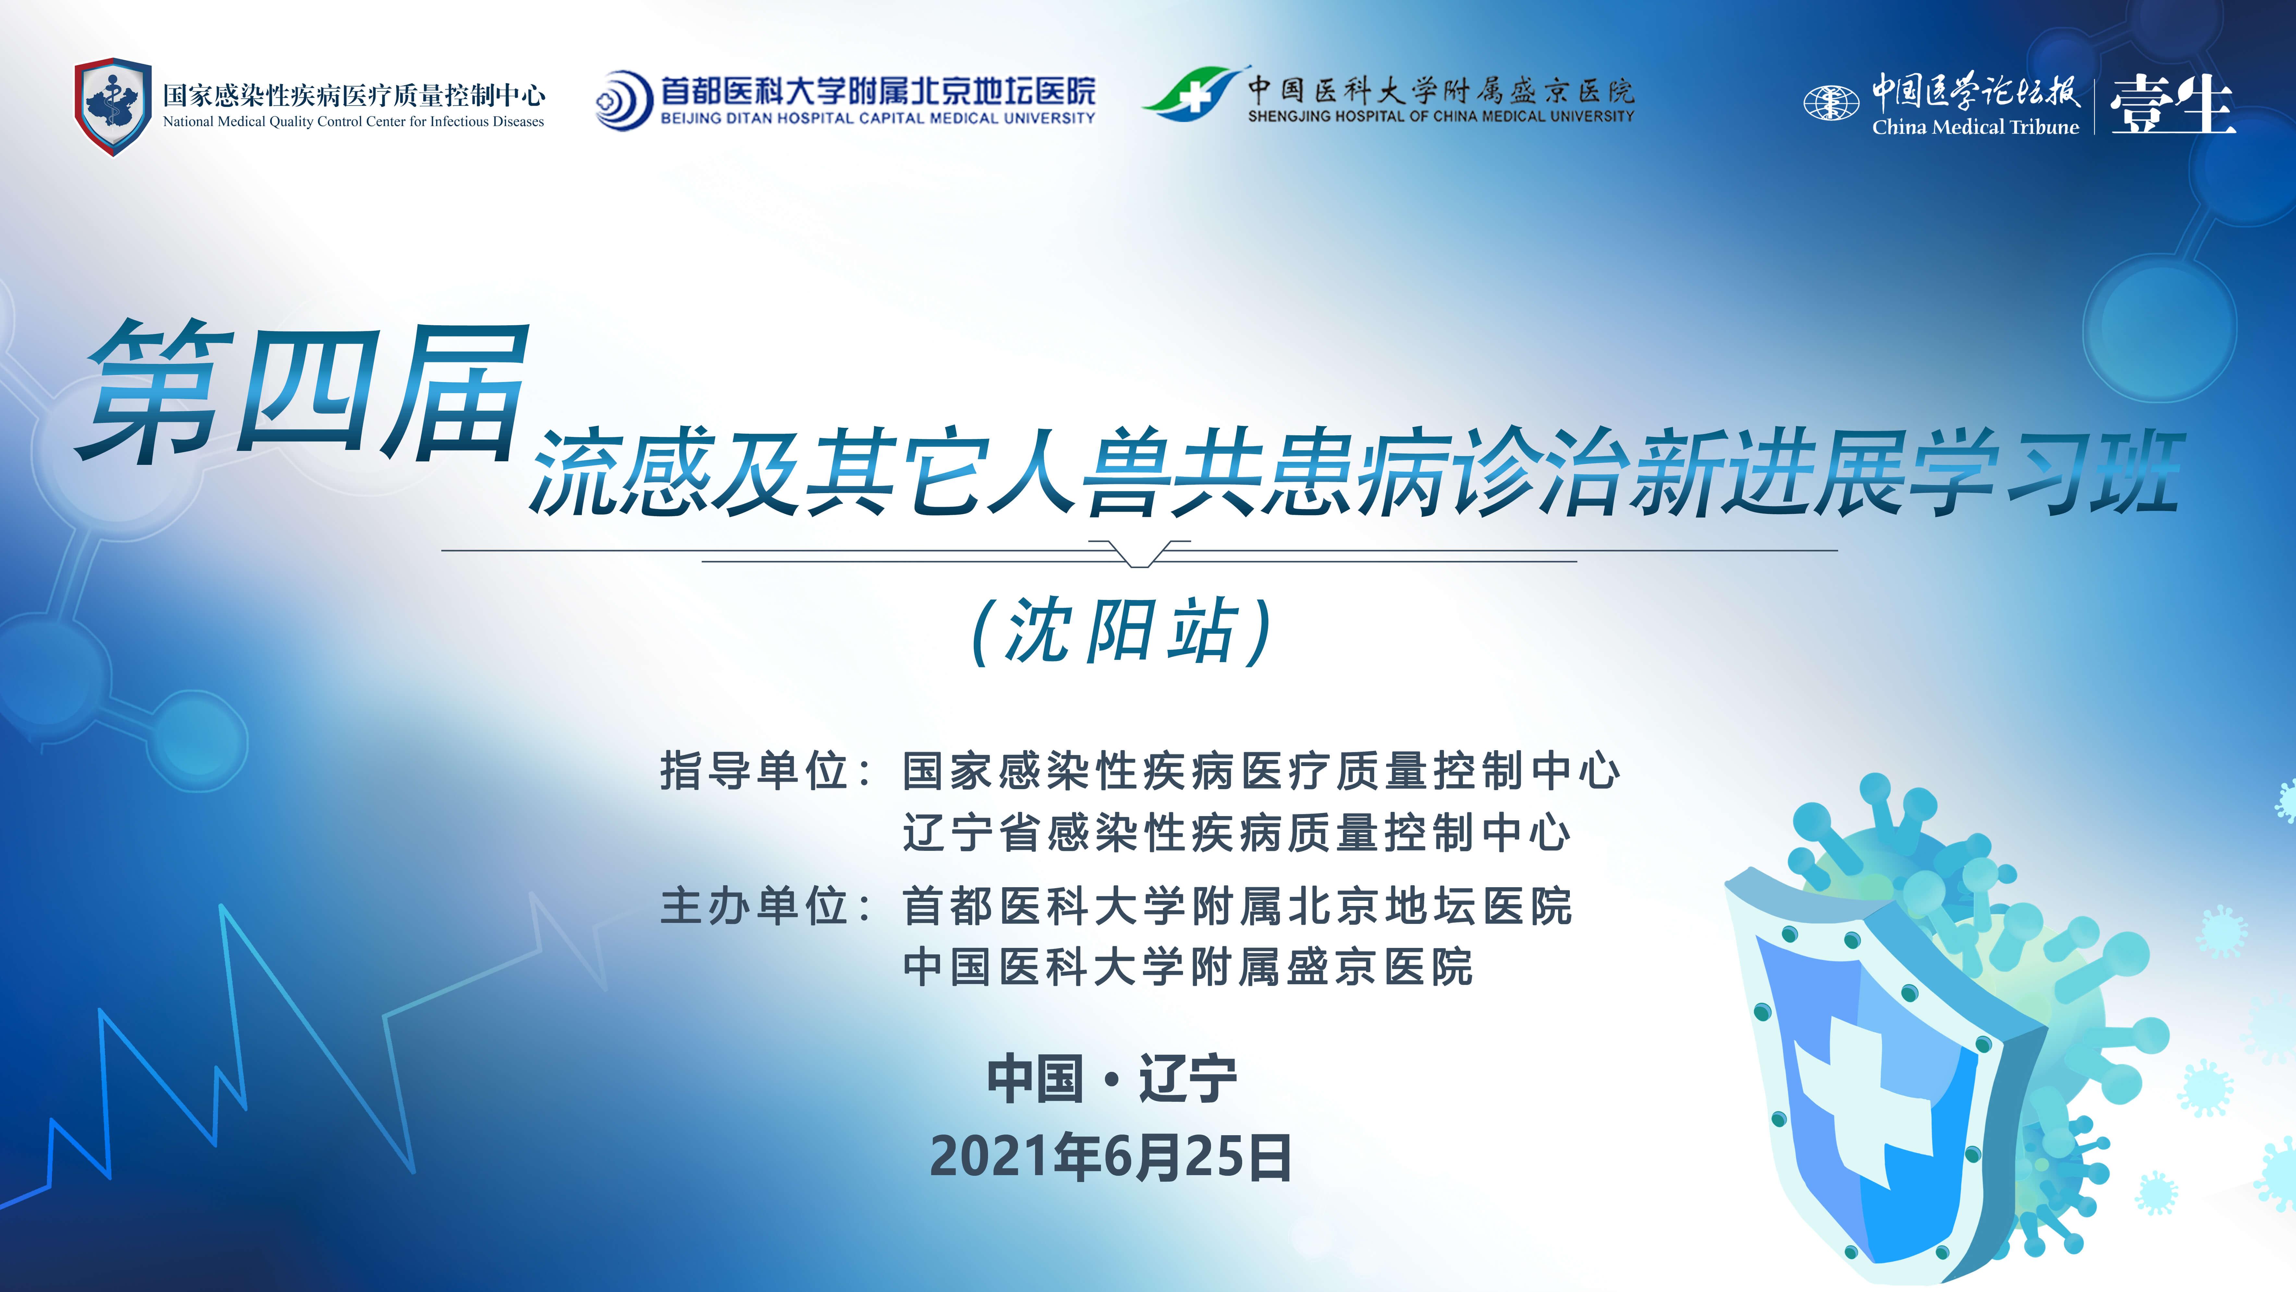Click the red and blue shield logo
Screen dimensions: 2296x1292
[x=112, y=107]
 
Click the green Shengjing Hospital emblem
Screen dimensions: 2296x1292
[x=1192, y=93]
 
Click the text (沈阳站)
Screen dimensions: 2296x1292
[x=1121, y=630]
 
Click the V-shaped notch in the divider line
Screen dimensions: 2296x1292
[x=1139, y=554]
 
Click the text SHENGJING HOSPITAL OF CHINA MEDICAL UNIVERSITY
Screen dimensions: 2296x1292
[x=1440, y=116]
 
